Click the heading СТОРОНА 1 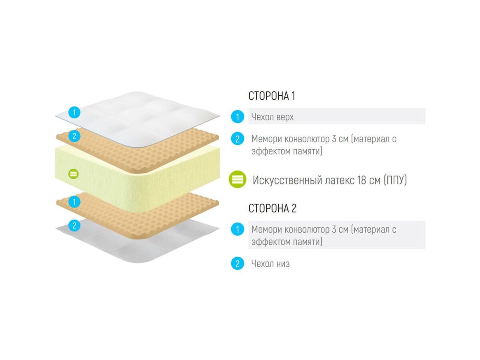pos(272,96)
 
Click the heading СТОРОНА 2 pos(272,208)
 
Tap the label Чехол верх pos(272,117)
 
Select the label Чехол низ pos(270,264)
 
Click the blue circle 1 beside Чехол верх pos(238,117)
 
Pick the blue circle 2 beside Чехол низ pos(238,264)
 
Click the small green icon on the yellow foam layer pos(74,174)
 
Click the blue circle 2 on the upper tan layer pos(74,136)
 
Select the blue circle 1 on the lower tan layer pos(74,202)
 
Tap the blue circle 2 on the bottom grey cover pos(74,226)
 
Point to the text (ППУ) pos(395,180)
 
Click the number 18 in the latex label pos(361,180)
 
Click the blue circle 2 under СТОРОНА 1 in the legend pos(238,139)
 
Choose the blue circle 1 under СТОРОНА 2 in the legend pos(238,230)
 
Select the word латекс pos(338,180)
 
